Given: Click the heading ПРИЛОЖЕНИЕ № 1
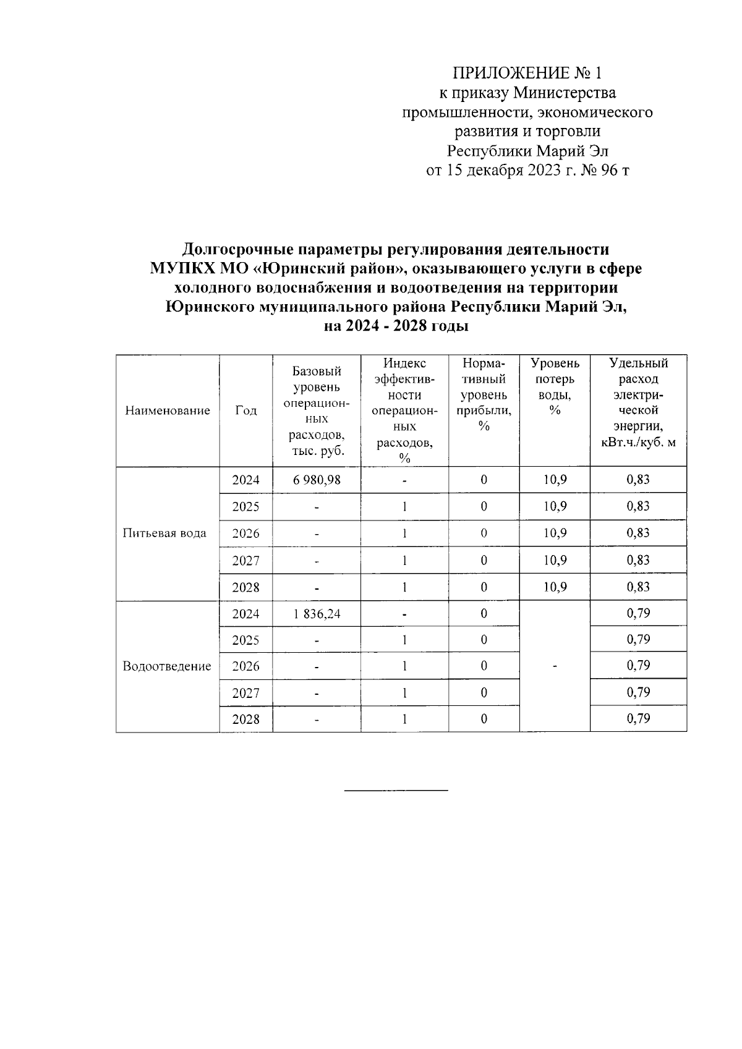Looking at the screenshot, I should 527,74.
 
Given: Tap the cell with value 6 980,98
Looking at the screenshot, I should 317,480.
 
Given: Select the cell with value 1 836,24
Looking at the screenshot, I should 317,614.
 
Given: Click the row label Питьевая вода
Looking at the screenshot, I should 164,533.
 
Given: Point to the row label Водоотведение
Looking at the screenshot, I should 167,666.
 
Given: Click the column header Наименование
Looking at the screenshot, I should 168,411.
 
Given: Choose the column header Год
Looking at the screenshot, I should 245,411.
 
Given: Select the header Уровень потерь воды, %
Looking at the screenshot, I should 555,386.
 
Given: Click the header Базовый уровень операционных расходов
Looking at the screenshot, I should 317,411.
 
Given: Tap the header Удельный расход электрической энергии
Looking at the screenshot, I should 638,402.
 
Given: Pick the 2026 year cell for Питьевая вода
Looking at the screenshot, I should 245,533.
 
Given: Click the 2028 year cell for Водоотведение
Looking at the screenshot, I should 245,720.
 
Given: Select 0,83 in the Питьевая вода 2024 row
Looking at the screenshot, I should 638,480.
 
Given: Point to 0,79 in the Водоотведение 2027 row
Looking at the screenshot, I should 638,692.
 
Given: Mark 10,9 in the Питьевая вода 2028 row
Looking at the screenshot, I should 555,587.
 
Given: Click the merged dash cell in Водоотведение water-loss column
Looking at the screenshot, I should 555,666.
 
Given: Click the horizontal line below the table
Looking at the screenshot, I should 396,790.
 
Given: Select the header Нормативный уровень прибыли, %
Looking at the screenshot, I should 484,394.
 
